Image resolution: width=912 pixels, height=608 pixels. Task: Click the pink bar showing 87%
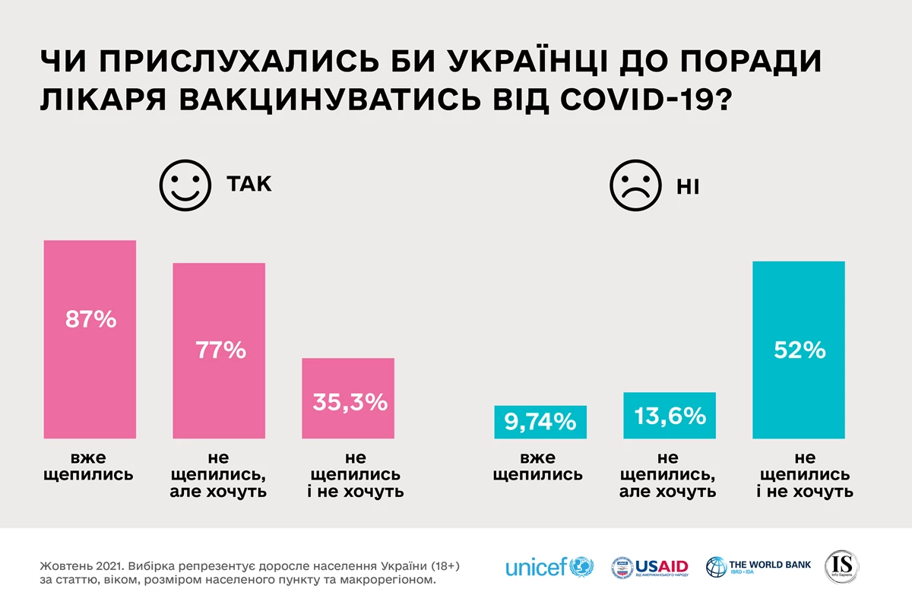click(x=90, y=339)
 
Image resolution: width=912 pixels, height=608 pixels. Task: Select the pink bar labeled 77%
click(x=219, y=350)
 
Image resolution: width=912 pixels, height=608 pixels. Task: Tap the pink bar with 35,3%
click(x=348, y=398)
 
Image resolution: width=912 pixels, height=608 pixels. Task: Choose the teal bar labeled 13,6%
click(x=670, y=416)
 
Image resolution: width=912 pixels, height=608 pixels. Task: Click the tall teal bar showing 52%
click(x=799, y=350)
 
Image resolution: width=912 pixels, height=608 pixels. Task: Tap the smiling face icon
click(x=185, y=185)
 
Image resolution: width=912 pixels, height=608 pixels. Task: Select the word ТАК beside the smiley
click(x=249, y=185)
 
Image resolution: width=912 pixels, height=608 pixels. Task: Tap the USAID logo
click(x=651, y=567)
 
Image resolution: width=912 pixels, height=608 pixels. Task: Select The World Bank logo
click(x=758, y=567)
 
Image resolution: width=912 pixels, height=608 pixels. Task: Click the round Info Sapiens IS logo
click(x=842, y=567)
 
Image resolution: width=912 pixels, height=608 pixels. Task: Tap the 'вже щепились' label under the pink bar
click(x=90, y=467)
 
